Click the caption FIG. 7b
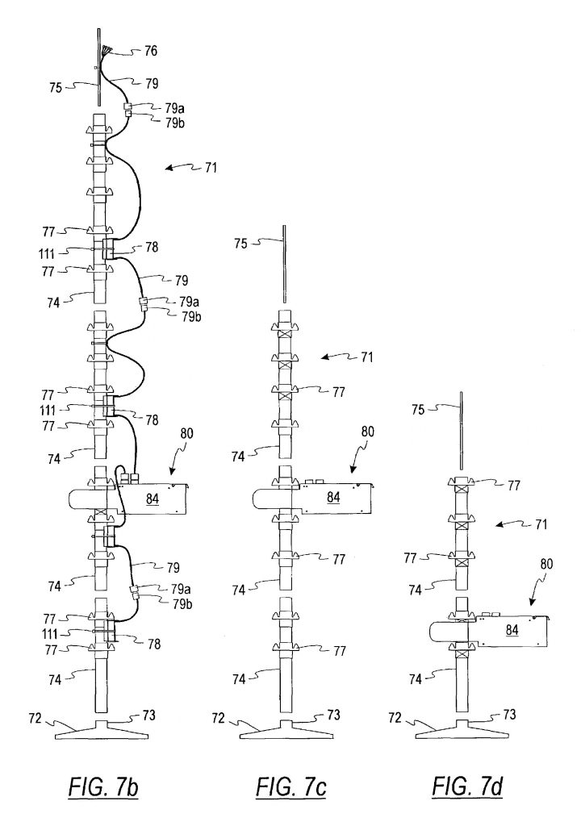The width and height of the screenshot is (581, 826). (103, 787)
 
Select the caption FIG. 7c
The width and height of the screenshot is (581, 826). (291, 787)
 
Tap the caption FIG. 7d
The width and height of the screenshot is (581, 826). (467, 786)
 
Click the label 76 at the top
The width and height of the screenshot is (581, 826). (151, 51)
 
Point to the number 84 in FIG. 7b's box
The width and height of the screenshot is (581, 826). (153, 498)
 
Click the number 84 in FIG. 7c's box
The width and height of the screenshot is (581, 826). (333, 497)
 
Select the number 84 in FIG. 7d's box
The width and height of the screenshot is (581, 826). (512, 629)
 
